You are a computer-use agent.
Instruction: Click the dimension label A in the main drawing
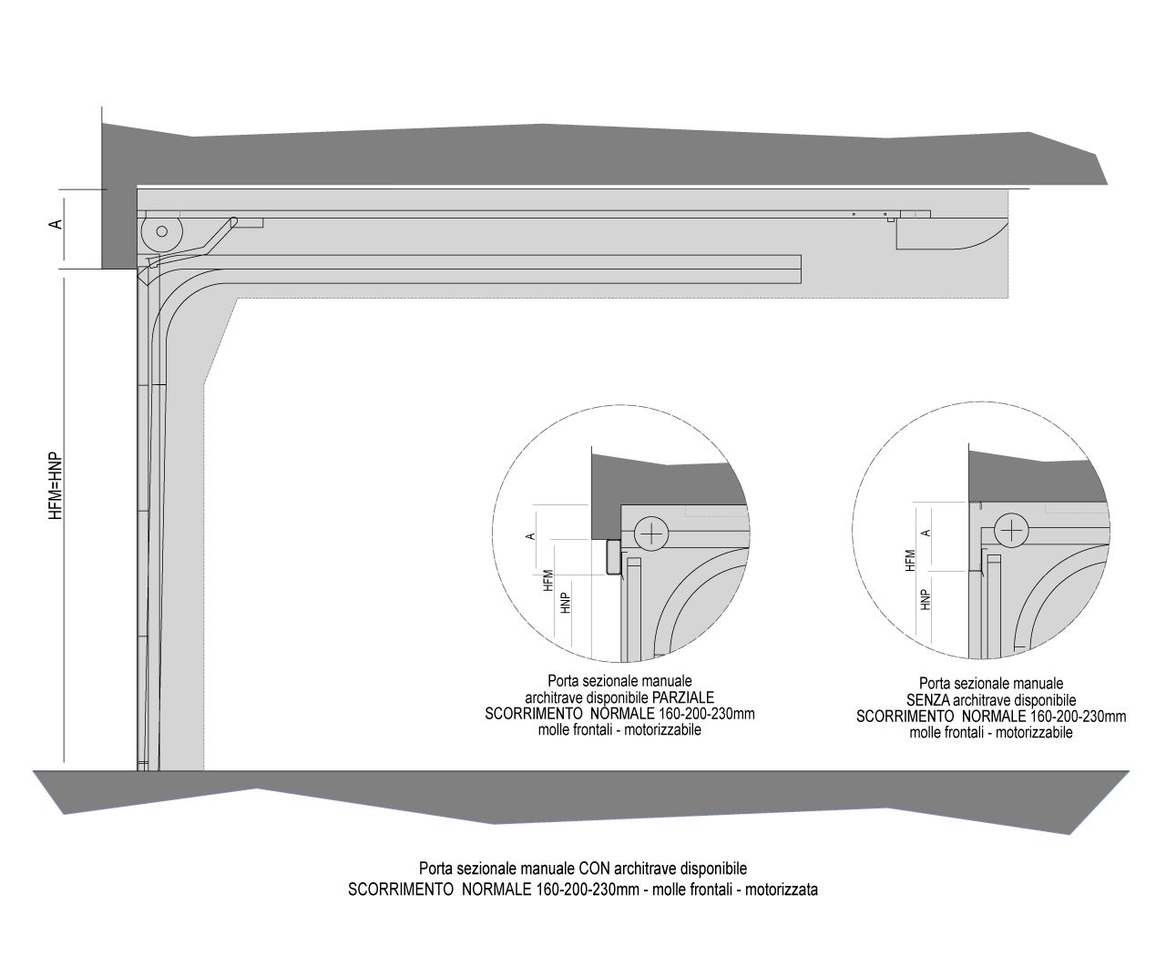56,224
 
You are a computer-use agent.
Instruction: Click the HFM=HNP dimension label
56,486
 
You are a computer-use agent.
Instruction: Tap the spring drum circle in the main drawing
161,231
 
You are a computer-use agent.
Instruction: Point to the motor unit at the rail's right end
951,234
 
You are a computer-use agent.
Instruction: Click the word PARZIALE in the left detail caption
683,697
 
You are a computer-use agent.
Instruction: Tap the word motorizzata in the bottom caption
782,890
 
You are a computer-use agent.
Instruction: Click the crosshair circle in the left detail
651,534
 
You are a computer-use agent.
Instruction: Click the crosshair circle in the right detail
1011,531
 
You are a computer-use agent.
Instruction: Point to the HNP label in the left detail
565,603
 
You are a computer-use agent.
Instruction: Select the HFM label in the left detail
547,581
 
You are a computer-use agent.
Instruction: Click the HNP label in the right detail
926,600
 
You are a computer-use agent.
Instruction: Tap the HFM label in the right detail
910,560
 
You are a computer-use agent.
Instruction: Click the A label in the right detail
926,533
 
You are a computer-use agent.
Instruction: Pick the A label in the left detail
530,536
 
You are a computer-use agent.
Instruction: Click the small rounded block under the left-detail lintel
613,557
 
